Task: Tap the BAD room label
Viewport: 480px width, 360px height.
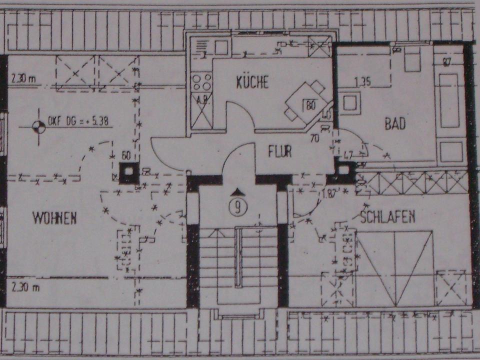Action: pos(395,123)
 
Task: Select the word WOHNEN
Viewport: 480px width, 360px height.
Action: pos(54,218)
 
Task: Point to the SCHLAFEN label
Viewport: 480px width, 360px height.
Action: pos(388,216)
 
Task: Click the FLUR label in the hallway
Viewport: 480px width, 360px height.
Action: pos(280,152)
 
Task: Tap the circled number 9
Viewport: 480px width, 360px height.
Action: pos(239,207)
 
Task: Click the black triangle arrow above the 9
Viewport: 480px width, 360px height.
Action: pos(239,192)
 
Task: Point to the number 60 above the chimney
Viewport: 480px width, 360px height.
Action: pos(126,155)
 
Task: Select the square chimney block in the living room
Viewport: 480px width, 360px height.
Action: pos(128,171)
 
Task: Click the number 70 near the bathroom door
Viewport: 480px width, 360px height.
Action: pos(314,138)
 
